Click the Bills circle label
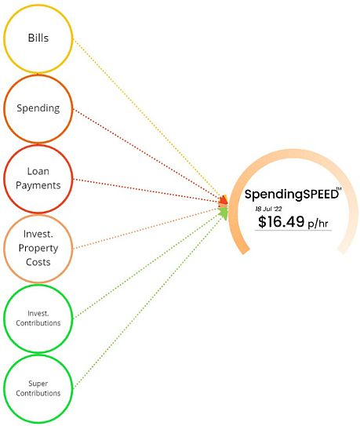coord(38,38)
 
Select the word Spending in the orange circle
coord(38,108)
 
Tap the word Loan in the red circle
coord(38,172)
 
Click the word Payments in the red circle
coord(38,186)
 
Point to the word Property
coord(38,249)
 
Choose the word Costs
coord(38,262)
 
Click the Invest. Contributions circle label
coord(38,319)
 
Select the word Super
coord(38,384)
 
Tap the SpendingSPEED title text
coord(292,195)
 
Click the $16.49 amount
coord(282,221)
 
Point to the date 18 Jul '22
coord(268,209)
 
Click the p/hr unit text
coord(318,224)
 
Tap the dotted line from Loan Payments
coord(146,191)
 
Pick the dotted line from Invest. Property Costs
coord(146,228)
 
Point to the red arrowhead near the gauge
coord(224,200)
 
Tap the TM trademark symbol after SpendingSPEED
coord(339,188)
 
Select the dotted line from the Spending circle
coord(147,155)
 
